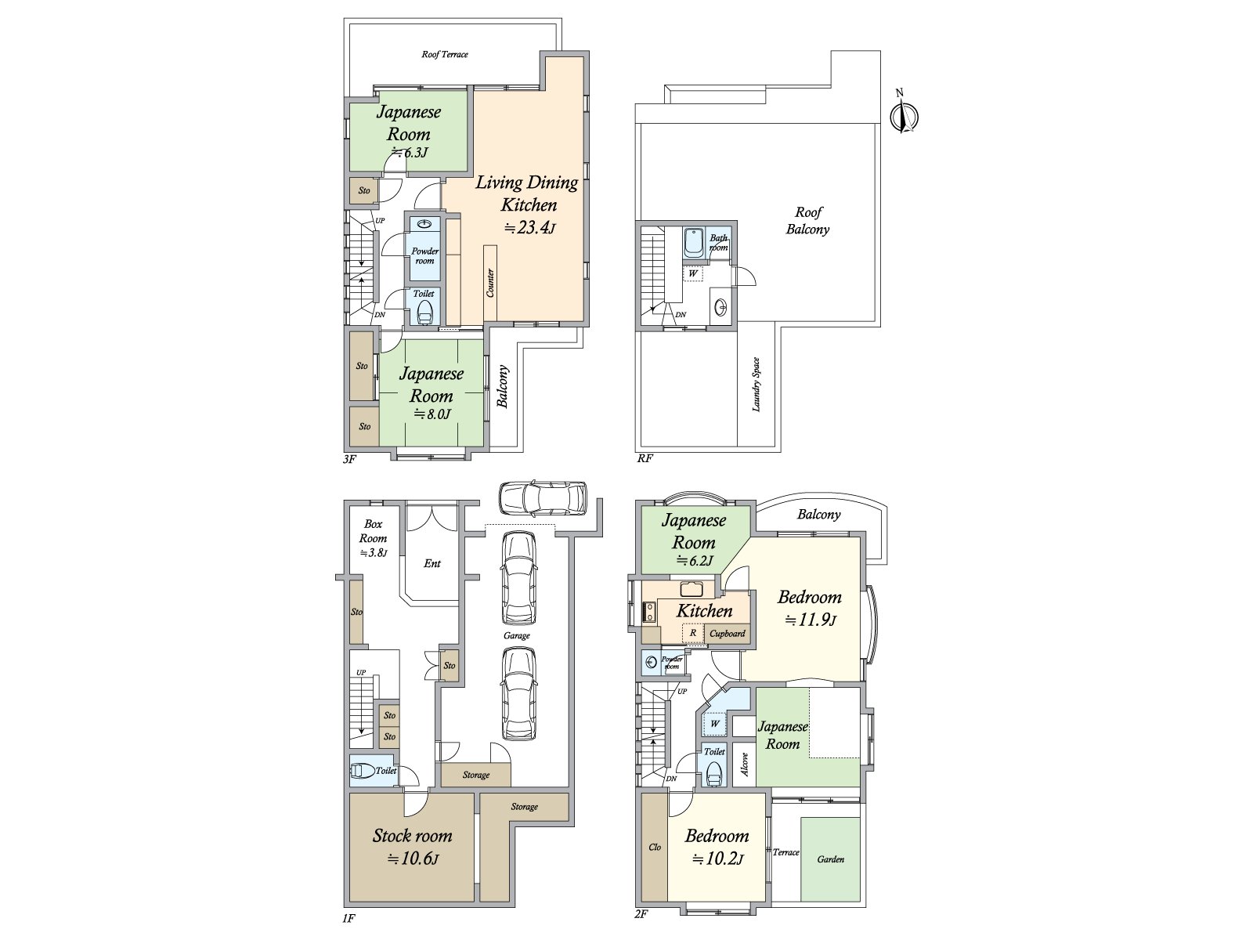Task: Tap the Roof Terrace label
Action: click(445, 54)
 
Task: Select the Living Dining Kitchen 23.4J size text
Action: click(529, 228)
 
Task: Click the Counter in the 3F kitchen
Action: click(490, 283)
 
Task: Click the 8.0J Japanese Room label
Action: click(432, 393)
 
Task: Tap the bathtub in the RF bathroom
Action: click(694, 242)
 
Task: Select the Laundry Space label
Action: click(756, 385)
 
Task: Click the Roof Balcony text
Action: click(808, 220)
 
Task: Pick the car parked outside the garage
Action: click(543, 497)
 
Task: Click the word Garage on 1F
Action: click(517, 635)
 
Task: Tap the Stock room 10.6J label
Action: click(412, 846)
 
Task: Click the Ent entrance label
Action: click(432, 563)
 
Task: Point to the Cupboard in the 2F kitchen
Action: click(728, 633)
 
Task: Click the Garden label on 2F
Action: click(831, 859)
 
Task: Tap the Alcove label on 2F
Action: click(745, 764)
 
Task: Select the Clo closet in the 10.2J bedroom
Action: click(655, 847)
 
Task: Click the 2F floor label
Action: click(641, 914)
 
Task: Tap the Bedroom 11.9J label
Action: click(810, 608)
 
